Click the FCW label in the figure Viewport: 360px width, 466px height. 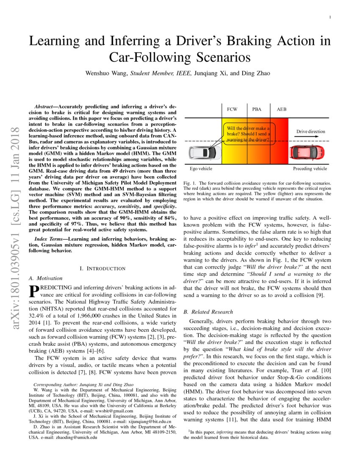point(232,109)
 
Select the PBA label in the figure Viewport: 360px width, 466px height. point(257,109)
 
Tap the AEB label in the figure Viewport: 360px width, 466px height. point(281,109)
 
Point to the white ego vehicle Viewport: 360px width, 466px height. point(203,152)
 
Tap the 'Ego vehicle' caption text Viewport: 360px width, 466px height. point(201,169)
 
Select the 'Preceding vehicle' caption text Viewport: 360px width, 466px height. point(310,169)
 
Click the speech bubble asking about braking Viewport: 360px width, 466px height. point(249,134)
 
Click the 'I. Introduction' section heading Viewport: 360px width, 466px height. point(102,268)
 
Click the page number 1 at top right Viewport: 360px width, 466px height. point(330,17)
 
